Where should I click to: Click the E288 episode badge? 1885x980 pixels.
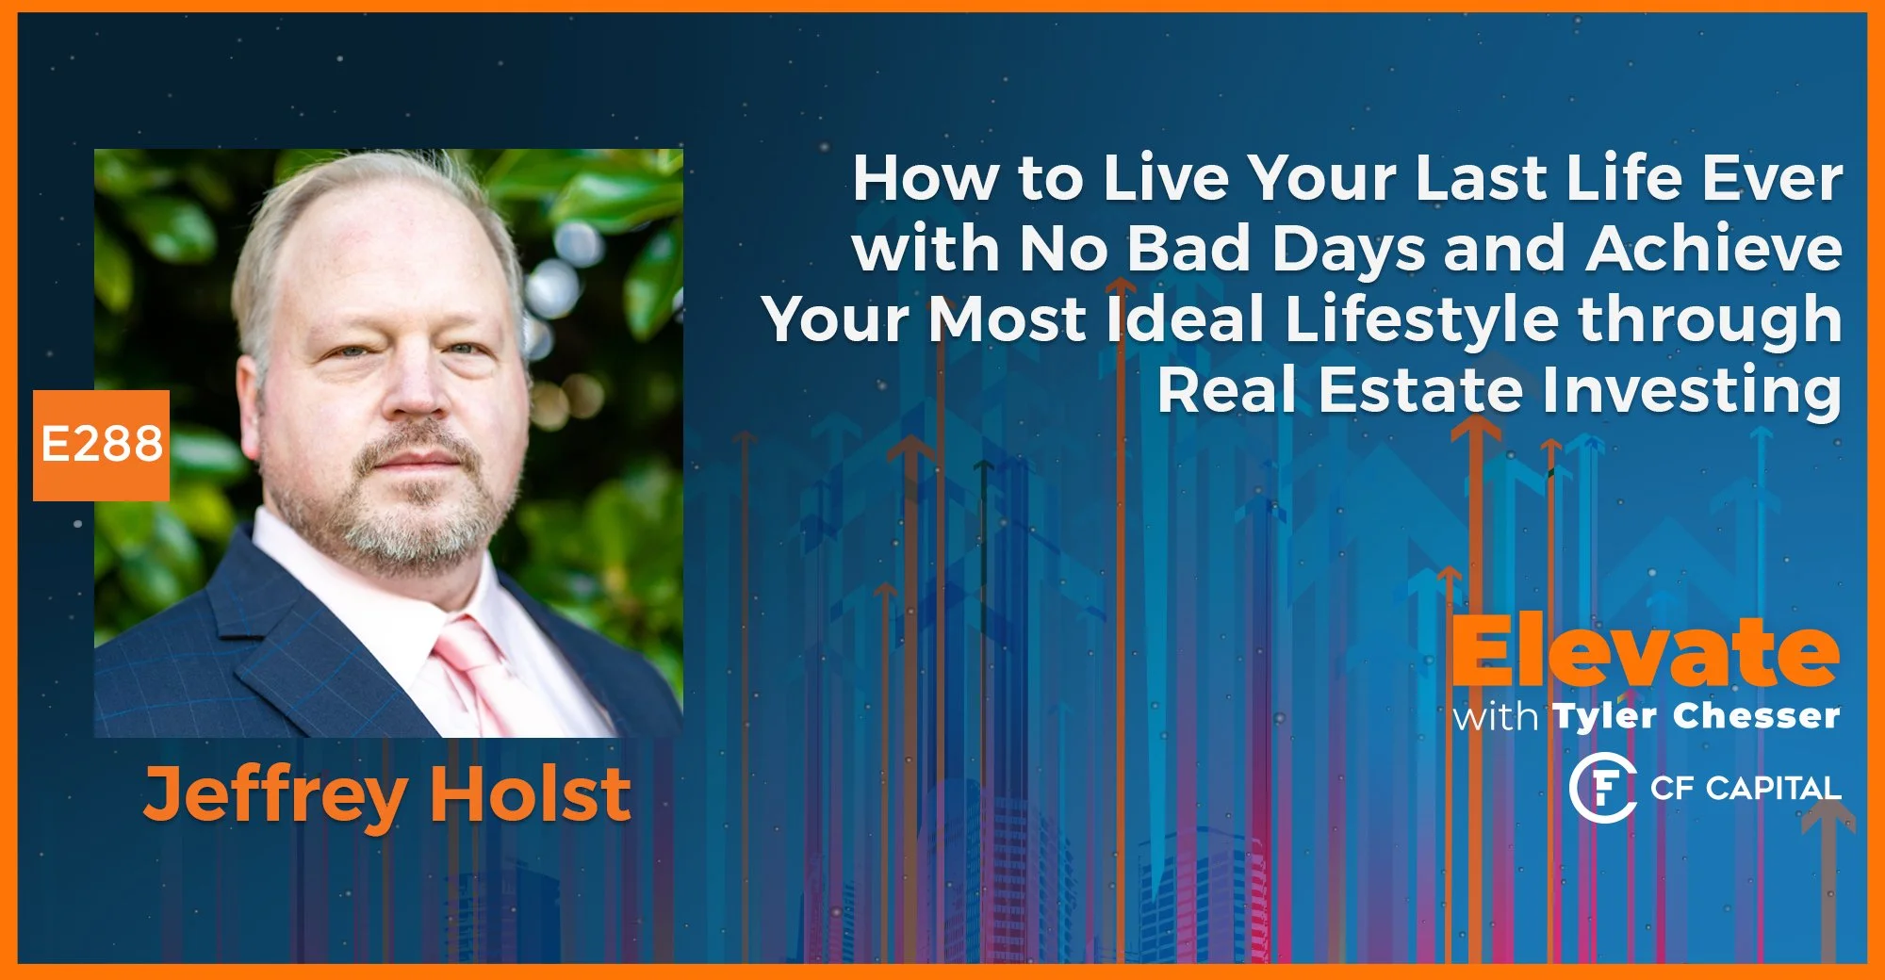[x=102, y=445]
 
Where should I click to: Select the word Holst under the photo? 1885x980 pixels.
[x=531, y=794]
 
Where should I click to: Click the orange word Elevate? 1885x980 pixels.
[x=1645, y=652]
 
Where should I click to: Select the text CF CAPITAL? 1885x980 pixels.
[x=1746, y=788]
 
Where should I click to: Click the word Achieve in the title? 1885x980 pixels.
[x=1713, y=249]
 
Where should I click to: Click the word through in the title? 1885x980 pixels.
[x=1711, y=319]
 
